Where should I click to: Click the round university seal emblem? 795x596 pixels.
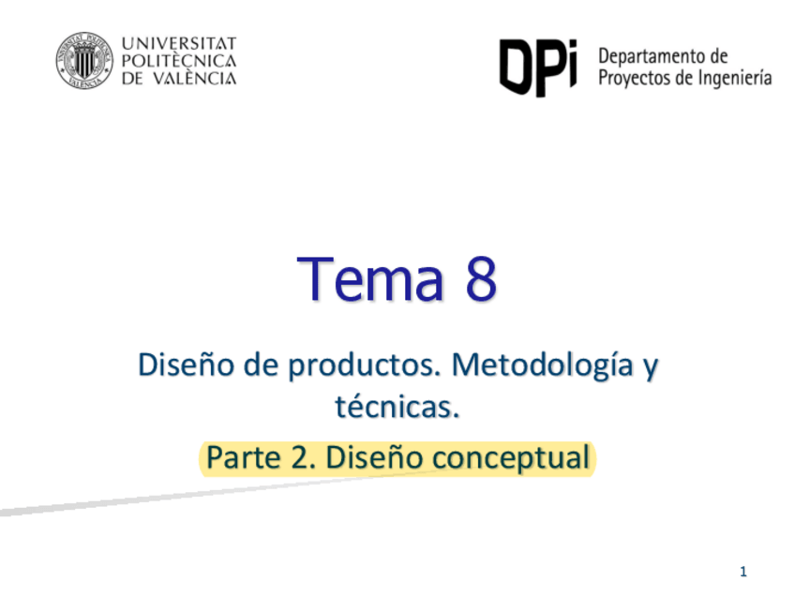click(82, 61)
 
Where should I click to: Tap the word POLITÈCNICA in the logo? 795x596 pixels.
click(179, 61)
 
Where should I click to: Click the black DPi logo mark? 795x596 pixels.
click(535, 67)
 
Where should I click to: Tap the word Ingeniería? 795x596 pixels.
click(734, 78)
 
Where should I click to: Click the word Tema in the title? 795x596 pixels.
click(369, 279)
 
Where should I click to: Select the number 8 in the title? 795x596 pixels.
click(476, 279)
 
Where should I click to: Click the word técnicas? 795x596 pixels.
click(397, 408)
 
